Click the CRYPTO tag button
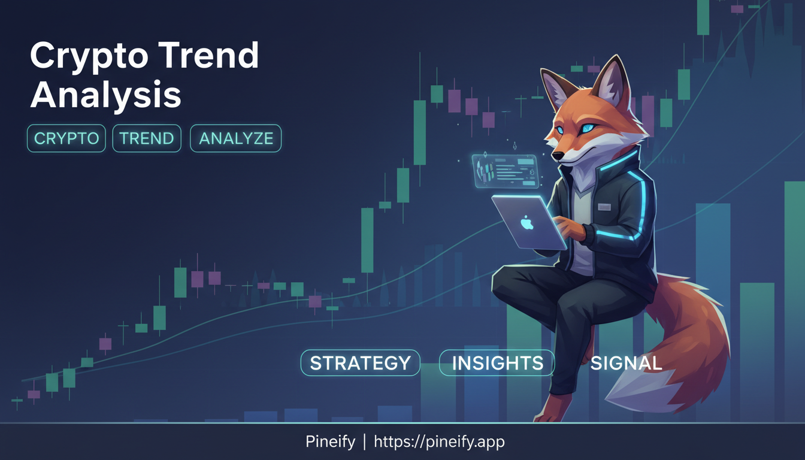coord(66,138)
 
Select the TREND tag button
coord(147,138)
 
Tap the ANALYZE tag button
coord(235,138)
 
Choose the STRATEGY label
coord(360,363)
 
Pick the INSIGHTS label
coord(497,363)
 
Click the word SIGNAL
coord(626,363)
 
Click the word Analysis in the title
coord(105,95)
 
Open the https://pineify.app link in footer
coord(439,442)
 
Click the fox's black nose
coord(558,156)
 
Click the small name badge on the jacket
coord(604,207)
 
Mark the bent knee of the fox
coord(509,285)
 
